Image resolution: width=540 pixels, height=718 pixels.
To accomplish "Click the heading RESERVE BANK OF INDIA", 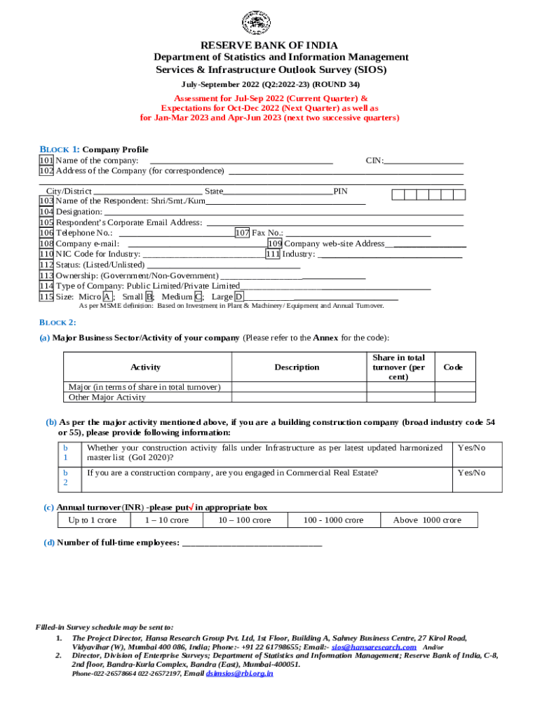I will point(270,46).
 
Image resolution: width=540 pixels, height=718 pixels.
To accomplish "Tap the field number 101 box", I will point(46,161).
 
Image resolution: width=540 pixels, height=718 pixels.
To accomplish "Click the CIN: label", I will point(375,161).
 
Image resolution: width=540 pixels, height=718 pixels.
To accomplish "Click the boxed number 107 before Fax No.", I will point(242,233).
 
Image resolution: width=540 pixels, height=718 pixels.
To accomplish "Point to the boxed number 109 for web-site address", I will point(274,243).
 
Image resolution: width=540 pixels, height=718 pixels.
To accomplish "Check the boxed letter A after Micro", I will point(107,297).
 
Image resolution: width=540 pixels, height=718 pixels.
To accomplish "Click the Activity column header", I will point(146,367).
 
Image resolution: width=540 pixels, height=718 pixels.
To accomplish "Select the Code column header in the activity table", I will point(454,367).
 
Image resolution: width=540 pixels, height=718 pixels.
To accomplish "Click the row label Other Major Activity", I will point(107,398).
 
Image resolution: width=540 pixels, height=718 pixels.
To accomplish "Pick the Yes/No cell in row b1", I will point(471,447).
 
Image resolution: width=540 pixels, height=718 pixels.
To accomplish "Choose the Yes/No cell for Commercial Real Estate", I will point(471,473).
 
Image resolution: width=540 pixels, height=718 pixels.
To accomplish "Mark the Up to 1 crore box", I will point(93,520).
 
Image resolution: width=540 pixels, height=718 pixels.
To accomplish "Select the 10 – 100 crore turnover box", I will point(244,520).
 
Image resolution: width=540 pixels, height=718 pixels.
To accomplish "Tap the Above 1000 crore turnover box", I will point(427,520).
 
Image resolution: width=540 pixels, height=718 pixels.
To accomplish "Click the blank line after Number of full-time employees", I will point(252,543).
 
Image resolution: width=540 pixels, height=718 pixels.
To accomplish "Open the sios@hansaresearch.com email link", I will point(374,647).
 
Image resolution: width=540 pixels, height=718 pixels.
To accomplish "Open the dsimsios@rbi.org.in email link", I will point(239,673).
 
